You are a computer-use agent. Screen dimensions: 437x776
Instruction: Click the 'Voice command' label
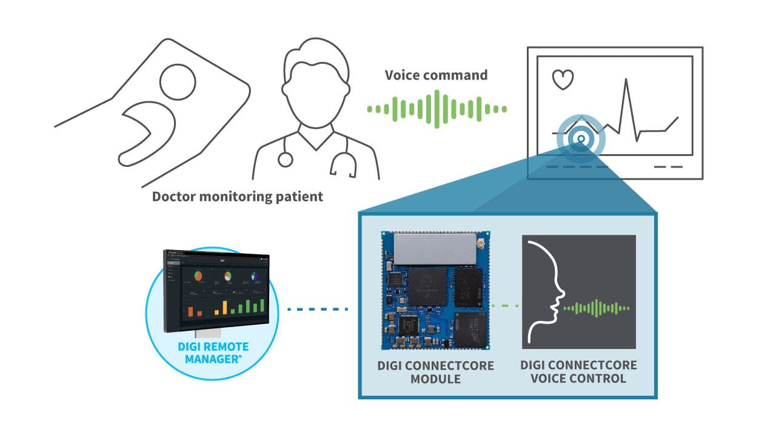[x=436, y=75]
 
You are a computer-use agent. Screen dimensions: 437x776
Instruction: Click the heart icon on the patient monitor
[x=562, y=79]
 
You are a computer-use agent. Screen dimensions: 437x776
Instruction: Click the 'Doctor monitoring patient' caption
[x=237, y=197]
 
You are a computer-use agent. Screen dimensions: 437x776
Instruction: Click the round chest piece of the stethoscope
[x=285, y=160]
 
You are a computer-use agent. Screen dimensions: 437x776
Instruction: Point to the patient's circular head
[x=177, y=80]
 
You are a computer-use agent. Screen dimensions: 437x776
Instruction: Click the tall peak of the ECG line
[x=626, y=85]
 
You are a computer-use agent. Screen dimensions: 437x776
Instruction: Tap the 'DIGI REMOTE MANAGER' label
[x=213, y=353]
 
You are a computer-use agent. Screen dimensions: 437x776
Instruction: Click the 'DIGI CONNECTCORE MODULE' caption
[x=435, y=372]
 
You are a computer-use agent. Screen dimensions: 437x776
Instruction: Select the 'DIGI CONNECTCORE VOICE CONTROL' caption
[x=578, y=372]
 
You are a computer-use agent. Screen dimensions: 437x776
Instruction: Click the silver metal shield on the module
[x=433, y=249]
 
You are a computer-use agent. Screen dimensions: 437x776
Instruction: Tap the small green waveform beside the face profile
[x=598, y=308]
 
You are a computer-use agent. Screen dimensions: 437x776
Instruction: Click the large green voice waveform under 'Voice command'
[x=436, y=109]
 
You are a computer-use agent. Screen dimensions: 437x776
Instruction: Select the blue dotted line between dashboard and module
[x=318, y=309]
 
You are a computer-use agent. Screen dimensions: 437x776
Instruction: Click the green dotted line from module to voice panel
[x=505, y=305]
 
